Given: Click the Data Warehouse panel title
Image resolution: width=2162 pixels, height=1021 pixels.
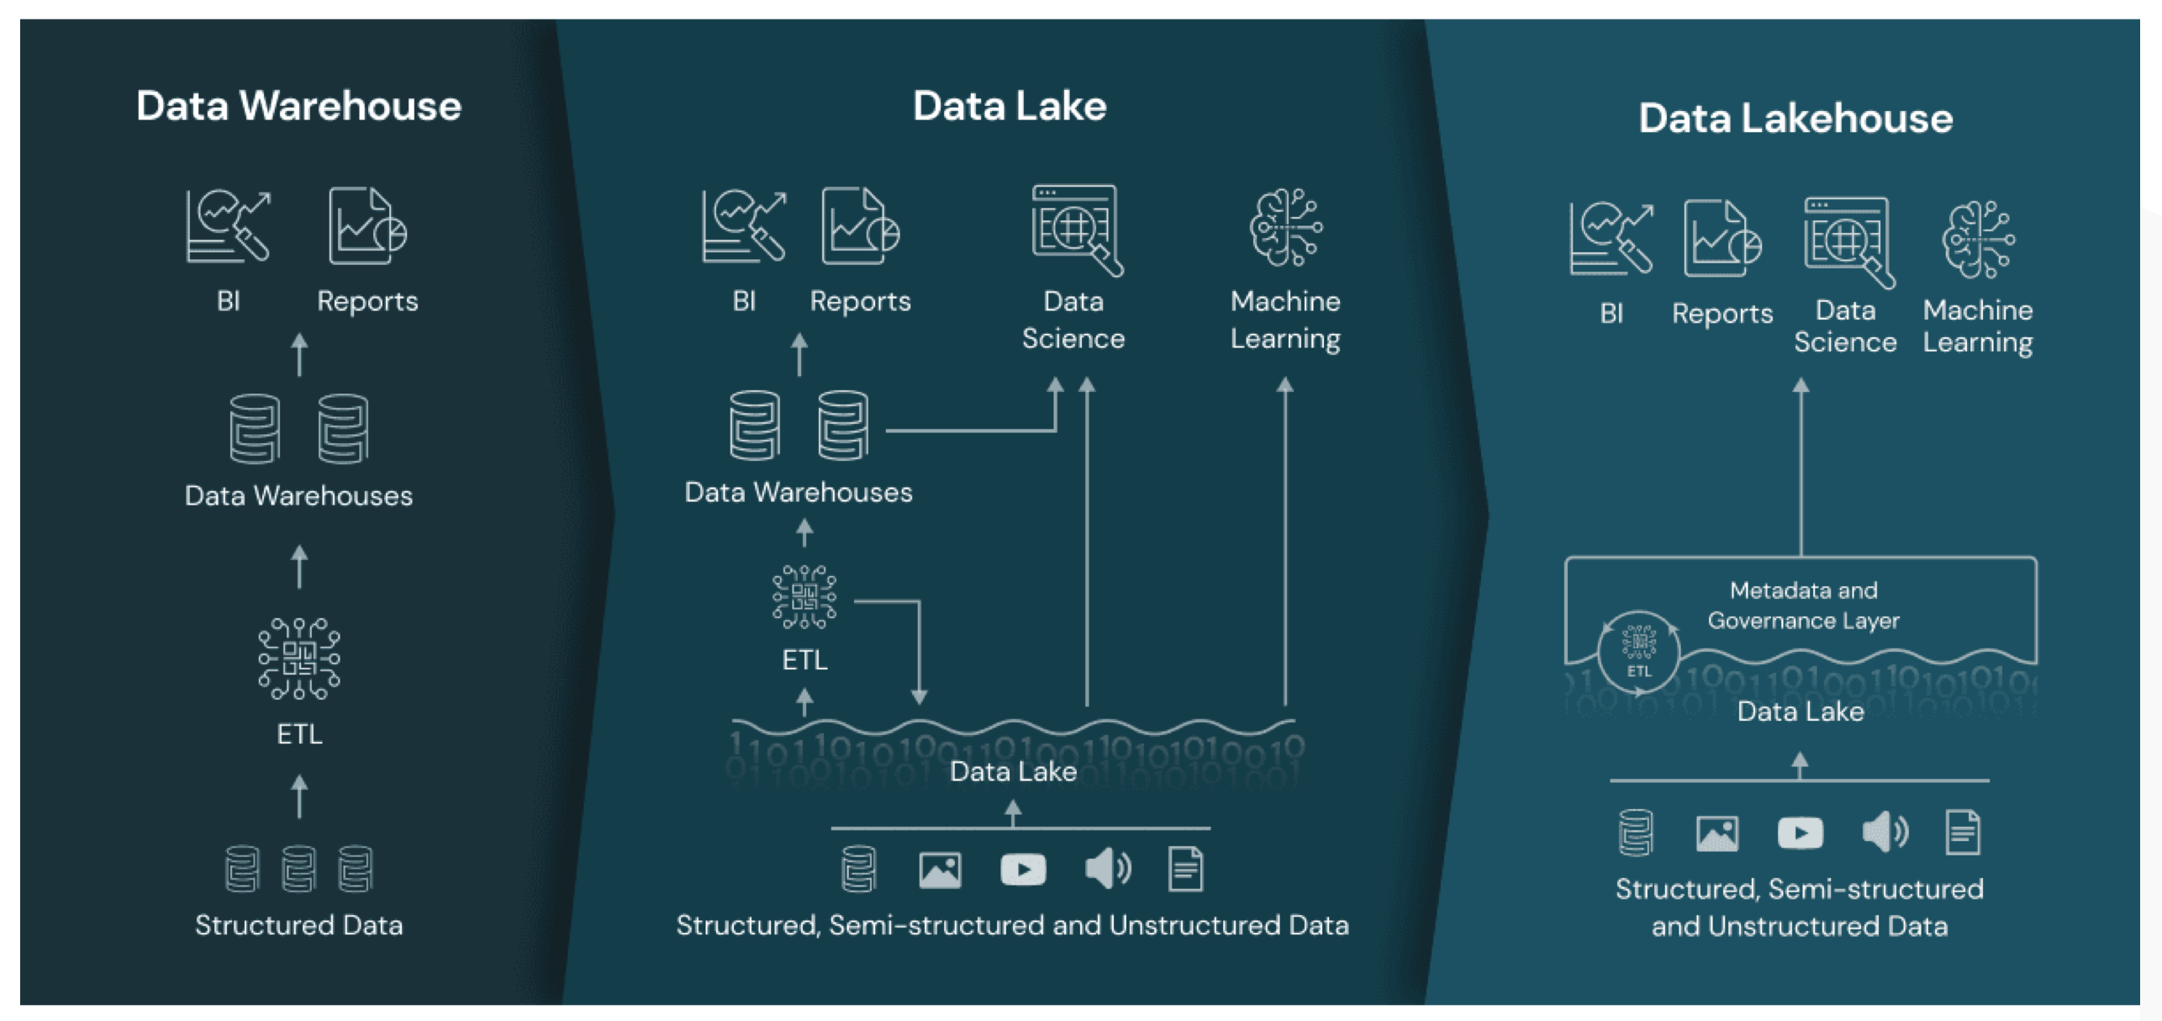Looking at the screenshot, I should coord(298,106).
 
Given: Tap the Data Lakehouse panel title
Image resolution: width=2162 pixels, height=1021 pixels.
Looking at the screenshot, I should coord(1795,118).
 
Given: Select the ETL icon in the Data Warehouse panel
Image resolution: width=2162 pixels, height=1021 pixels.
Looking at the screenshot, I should coord(298,659).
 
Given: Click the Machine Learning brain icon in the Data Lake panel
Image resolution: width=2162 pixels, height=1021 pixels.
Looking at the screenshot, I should coord(1285,227).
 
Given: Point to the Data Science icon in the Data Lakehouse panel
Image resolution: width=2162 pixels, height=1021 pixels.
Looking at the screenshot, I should coord(1848,241).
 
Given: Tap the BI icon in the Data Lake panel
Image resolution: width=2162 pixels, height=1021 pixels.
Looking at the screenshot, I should coord(743,225).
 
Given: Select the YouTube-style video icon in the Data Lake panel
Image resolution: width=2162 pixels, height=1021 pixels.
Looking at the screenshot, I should coord(1022,869).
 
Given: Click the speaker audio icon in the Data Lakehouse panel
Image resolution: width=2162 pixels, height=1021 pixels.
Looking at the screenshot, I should coord(1885,833).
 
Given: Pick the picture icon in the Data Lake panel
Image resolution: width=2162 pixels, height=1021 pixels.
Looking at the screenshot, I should coord(940,870).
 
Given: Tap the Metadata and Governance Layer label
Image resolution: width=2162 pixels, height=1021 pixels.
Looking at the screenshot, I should coord(1803,606).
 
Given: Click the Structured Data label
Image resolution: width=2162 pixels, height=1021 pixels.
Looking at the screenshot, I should coord(298,925).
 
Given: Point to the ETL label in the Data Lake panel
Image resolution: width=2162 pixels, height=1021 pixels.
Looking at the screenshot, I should coord(804,660).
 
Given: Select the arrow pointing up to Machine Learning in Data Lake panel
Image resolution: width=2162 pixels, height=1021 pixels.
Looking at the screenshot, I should coord(1285,538).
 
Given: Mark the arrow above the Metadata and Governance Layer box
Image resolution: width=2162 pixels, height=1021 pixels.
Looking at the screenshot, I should coord(1801,467).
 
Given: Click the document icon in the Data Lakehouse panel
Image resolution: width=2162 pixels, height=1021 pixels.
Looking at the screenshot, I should coord(1963,833).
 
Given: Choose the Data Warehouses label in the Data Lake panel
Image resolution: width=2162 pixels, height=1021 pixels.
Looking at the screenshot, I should coord(798,492).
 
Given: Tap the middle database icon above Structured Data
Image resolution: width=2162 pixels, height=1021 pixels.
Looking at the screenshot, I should coord(298,868).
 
